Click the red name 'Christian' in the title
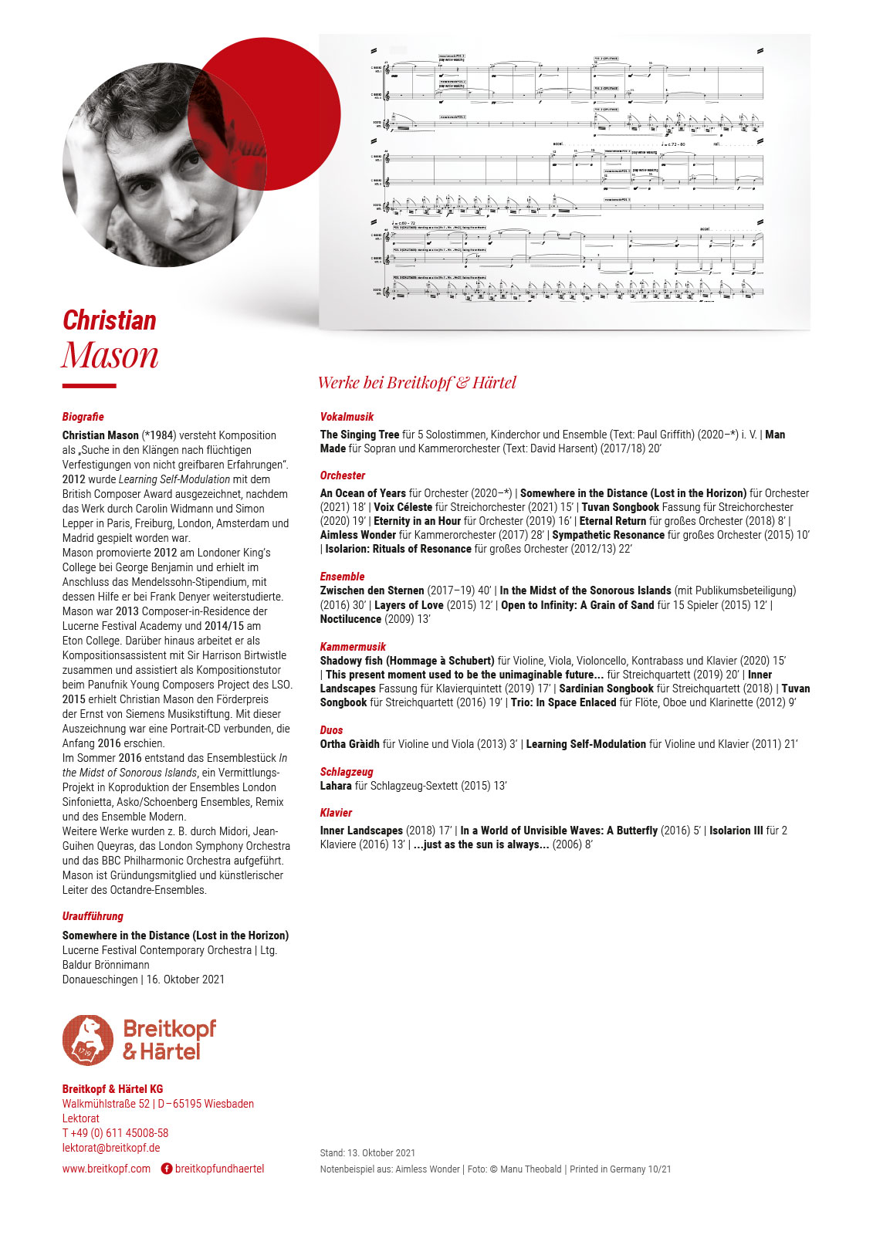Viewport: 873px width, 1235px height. coord(110,320)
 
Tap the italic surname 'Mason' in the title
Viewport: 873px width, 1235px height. coord(110,355)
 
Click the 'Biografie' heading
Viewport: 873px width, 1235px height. coord(83,417)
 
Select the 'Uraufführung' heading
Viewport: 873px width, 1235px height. coord(93,916)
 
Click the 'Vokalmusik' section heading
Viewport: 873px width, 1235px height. coord(347,417)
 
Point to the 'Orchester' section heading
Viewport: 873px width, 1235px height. coord(343,475)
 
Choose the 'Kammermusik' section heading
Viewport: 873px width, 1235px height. coord(353,647)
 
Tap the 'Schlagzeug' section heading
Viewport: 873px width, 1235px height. coord(347,772)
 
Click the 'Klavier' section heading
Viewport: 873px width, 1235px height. coord(336,813)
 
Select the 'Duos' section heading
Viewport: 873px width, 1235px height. coord(332,730)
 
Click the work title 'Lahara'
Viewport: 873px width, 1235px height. coord(336,786)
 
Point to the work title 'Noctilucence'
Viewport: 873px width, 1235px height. coord(350,619)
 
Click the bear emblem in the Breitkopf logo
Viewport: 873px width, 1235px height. coord(88,1040)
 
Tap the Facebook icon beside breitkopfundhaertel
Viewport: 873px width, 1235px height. coord(166,1169)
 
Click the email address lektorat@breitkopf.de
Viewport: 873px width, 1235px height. coord(111,1148)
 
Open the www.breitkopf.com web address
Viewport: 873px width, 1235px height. coord(107,1169)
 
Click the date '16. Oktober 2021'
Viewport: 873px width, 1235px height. coord(185,980)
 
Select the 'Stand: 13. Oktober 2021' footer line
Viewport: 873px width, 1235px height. coord(367,1153)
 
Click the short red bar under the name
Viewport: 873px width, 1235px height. coord(89,385)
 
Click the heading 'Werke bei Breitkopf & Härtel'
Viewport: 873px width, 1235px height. coord(417,383)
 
